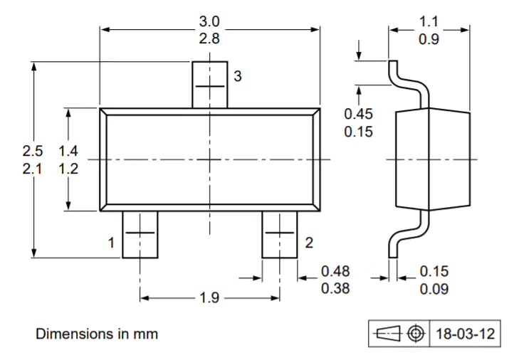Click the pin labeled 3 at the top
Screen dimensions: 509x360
pos(210,85)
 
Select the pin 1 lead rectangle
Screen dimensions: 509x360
pos(140,235)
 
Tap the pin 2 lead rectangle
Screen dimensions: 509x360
pos(280,235)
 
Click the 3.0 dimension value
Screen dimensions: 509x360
pos(209,22)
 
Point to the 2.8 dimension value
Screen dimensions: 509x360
pos(209,38)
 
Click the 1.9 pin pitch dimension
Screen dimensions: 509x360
pos(209,297)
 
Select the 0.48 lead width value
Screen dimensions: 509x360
pos(335,271)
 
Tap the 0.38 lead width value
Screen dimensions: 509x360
pos(335,288)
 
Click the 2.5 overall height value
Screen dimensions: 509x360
pos(33,151)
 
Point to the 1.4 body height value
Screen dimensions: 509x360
pos(68,151)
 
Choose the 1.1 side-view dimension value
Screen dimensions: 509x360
pos(429,22)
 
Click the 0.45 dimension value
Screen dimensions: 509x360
pos(358,114)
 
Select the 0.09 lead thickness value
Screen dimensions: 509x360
pos(434,289)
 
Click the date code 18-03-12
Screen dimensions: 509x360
pos(465,334)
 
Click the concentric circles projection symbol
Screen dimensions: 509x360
pos(416,333)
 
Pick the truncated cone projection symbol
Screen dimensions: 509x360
pos(388,333)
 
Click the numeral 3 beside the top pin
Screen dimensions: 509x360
pos(238,76)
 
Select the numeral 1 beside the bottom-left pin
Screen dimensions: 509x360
pos(111,243)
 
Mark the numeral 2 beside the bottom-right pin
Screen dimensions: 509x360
pos(309,243)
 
